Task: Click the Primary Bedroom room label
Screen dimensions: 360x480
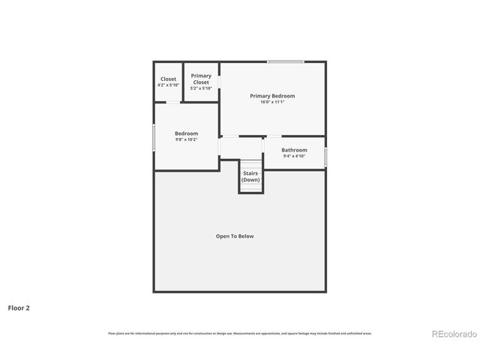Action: pos(272,96)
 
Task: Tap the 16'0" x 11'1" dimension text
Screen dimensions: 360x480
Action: pos(272,102)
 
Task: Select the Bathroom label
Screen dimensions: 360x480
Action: pos(294,150)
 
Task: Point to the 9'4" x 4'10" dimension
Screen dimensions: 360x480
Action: pos(294,156)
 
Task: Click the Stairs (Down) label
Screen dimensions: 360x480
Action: pos(250,177)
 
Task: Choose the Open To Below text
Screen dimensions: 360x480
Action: pos(235,236)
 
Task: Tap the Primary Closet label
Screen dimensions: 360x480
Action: pos(201,79)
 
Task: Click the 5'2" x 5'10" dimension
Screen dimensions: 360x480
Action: pos(201,88)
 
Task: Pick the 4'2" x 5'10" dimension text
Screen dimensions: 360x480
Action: pos(168,85)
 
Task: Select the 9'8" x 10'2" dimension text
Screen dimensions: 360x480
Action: pos(186,139)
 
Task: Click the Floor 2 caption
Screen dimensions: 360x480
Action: pos(19,307)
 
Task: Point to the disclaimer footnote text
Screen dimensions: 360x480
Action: pos(239,333)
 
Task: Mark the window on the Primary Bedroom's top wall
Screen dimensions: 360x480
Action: pos(286,61)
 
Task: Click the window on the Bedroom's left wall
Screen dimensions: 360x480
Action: pos(154,136)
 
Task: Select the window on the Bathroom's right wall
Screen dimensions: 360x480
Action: pos(325,156)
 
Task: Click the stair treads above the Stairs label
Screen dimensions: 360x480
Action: pos(251,165)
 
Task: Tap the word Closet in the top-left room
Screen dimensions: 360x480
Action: pos(168,79)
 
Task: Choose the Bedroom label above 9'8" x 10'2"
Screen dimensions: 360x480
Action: pos(186,133)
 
